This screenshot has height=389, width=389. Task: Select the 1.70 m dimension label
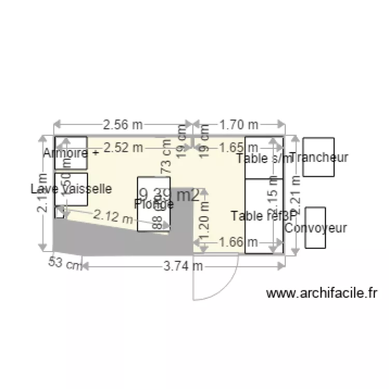pyautogui.click(x=239, y=124)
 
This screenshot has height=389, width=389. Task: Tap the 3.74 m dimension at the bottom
pyautogui.click(x=183, y=266)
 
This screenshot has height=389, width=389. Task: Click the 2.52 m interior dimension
pyautogui.click(x=123, y=147)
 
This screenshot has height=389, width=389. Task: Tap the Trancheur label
pyautogui.click(x=319, y=157)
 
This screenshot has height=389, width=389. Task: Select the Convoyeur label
pyautogui.click(x=316, y=228)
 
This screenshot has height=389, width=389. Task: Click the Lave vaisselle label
pyautogui.click(x=71, y=189)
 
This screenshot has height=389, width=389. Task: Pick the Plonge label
pyautogui.click(x=154, y=204)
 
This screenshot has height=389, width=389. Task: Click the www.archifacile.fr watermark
pyautogui.click(x=322, y=294)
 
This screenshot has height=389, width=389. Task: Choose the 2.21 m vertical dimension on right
pyautogui.click(x=296, y=195)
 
